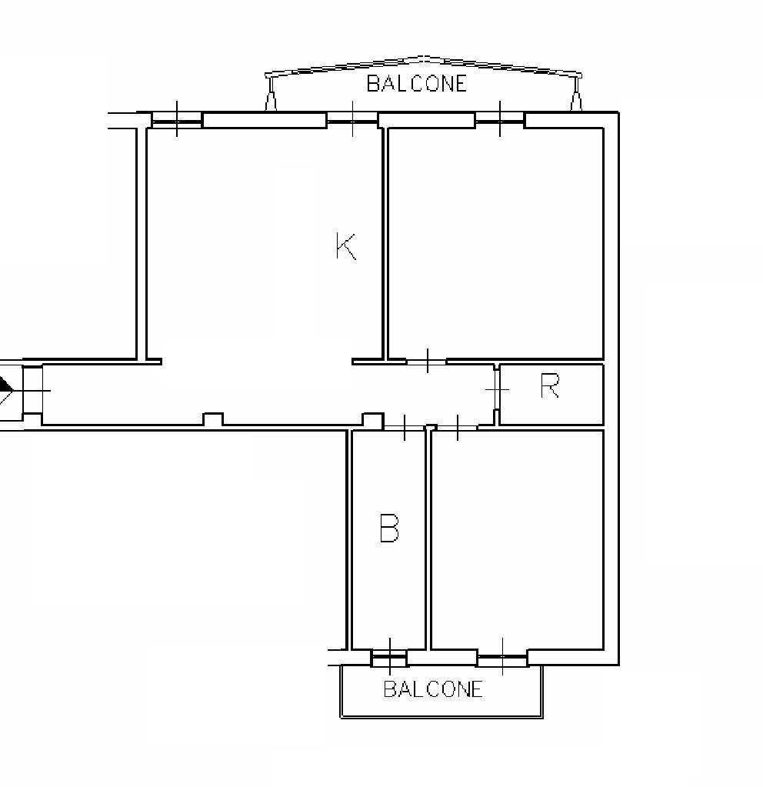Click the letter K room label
tap(346, 246)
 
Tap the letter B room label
tap(389, 528)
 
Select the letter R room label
tap(550, 386)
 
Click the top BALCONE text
tap(417, 83)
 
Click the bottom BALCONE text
tap(433, 689)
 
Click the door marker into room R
tap(498, 389)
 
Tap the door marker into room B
tap(405, 428)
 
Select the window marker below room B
tap(390, 656)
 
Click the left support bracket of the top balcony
tap(271, 100)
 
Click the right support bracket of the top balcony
tap(576, 100)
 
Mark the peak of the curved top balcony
tap(424, 57)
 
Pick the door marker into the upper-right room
tap(427, 360)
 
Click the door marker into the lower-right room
tap(458, 428)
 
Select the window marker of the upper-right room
tap(500, 118)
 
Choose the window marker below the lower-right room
tap(502, 656)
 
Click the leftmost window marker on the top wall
tap(177, 118)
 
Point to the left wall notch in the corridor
tap(213, 419)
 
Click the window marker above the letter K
tap(353, 118)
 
